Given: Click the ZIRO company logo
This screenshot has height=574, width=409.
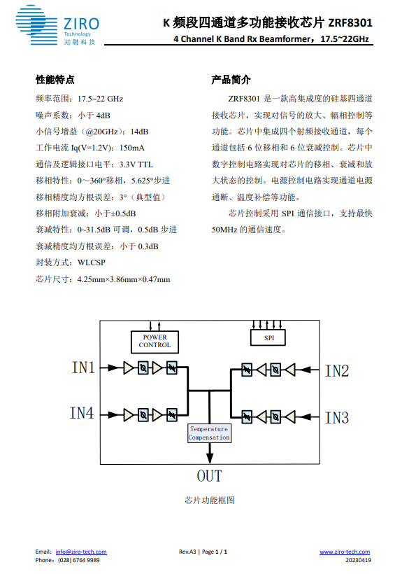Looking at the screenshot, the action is (x=57, y=25).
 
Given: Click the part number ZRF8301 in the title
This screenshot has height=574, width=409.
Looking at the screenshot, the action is (x=350, y=22).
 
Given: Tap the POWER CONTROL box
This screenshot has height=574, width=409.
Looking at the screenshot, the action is (x=155, y=342).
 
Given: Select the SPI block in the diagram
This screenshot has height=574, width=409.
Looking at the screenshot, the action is (x=268, y=337).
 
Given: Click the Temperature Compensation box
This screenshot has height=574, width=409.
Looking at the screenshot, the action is (x=209, y=433).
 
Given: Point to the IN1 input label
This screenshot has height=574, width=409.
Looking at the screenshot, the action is (x=83, y=367).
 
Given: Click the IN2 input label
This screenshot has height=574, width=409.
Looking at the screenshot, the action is (x=337, y=371).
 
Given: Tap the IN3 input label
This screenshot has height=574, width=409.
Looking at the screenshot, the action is (x=337, y=418).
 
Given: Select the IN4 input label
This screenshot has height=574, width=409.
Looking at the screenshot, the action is (x=82, y=413).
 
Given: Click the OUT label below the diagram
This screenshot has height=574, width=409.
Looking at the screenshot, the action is (x=210, y=476).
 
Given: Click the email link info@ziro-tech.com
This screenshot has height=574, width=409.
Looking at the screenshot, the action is (x=81, y=552).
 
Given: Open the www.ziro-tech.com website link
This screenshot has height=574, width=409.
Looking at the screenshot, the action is (x=345, y=552).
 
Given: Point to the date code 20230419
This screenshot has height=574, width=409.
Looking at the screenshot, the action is (x=358, y=560).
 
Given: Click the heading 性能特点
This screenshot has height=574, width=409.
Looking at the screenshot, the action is (x=55, y=79).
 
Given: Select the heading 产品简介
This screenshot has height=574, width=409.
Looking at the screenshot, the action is (x=231, y=79).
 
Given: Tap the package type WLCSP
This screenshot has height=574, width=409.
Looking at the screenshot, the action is (x=92, y=262).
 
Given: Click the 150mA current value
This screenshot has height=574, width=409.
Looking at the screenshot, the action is (x=132, y=148).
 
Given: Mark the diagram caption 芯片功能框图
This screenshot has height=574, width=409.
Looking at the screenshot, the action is (x=210, y=500).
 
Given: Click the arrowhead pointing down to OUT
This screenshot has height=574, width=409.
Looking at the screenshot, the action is (x=210, y=458).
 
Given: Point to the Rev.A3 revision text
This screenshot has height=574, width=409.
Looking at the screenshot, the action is (x=187, y=552).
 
